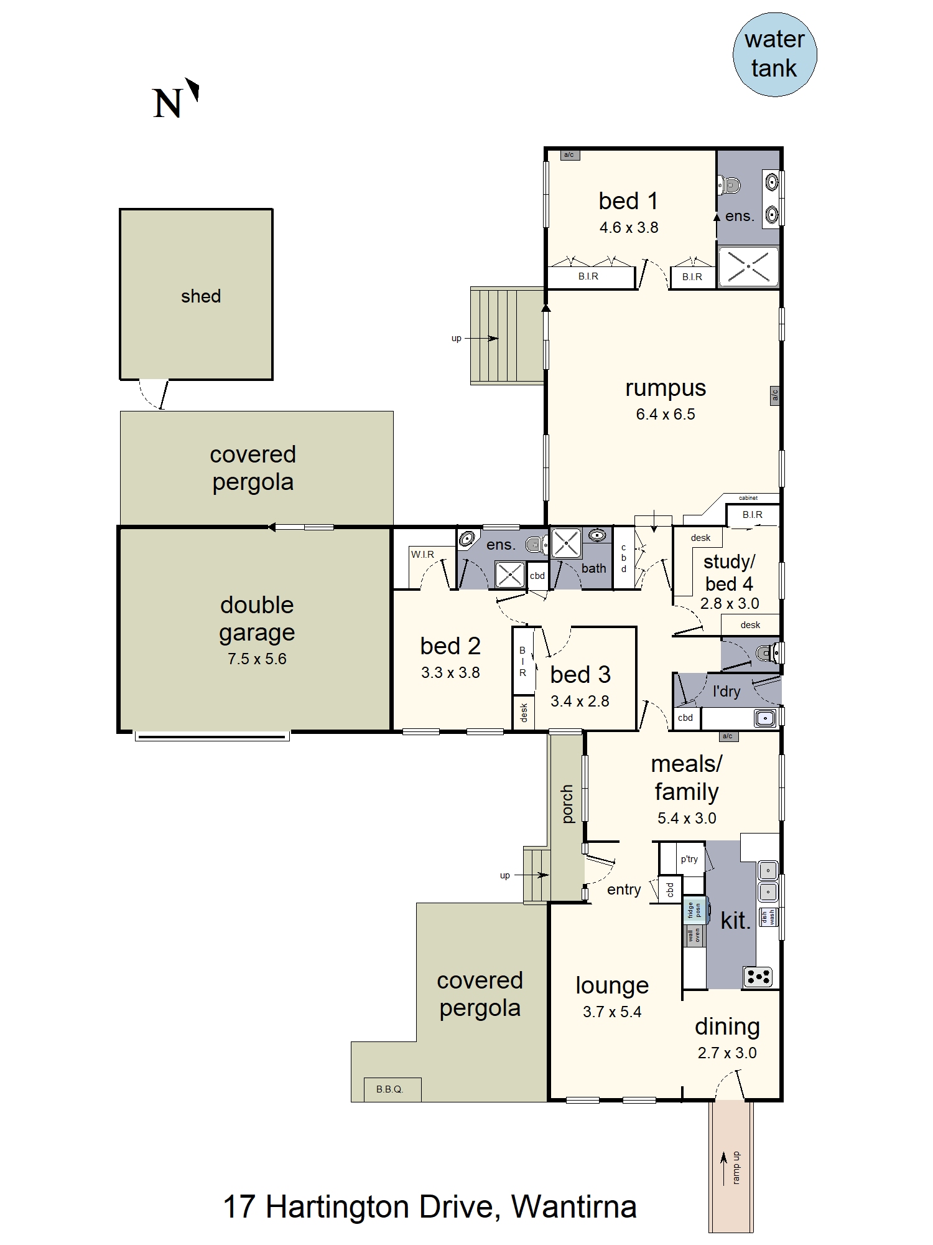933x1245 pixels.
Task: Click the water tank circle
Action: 774,55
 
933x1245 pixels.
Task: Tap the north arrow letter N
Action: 167,103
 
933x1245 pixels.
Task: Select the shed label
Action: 201,296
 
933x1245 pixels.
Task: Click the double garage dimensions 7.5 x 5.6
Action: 257,659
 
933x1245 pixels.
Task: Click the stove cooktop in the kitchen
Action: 758,977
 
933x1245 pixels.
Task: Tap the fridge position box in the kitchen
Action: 695,911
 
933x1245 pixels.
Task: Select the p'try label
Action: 689,859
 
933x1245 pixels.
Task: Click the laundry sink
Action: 765,718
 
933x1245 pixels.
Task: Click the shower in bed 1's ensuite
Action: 749,266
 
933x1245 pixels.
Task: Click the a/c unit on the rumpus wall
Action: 775,395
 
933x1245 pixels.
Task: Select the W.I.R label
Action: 422,555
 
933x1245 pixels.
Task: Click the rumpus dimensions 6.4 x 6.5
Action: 666,414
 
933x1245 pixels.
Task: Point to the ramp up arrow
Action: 723,1168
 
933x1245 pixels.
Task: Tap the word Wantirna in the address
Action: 574,1207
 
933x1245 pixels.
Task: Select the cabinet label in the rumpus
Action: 748,498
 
